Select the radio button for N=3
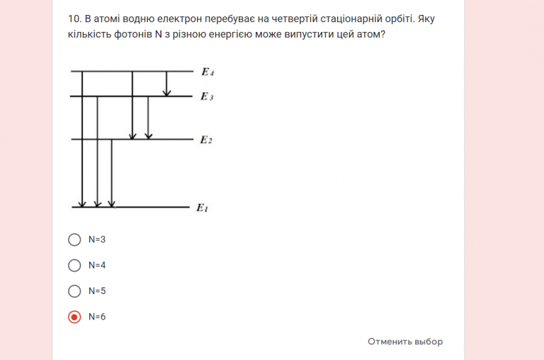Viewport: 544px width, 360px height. pos(74,240)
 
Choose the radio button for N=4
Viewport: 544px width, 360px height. pos(74,265)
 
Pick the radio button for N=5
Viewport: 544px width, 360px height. pos(74,291)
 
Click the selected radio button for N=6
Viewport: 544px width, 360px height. pos(74,317)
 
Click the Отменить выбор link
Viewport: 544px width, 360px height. pos(404,342)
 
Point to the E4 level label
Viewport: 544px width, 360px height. pos(207,72)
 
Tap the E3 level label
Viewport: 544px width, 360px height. pos(207,96)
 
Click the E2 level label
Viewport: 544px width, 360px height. pos(206,140)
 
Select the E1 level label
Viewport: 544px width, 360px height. pos(203,208)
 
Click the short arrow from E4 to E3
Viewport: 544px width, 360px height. pos(166,84)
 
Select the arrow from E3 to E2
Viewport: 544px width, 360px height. pos(148,118)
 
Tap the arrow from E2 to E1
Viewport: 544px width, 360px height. pos(112,173)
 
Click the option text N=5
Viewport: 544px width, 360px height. pos(97,291)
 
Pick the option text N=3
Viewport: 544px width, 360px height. pos(97,240)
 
